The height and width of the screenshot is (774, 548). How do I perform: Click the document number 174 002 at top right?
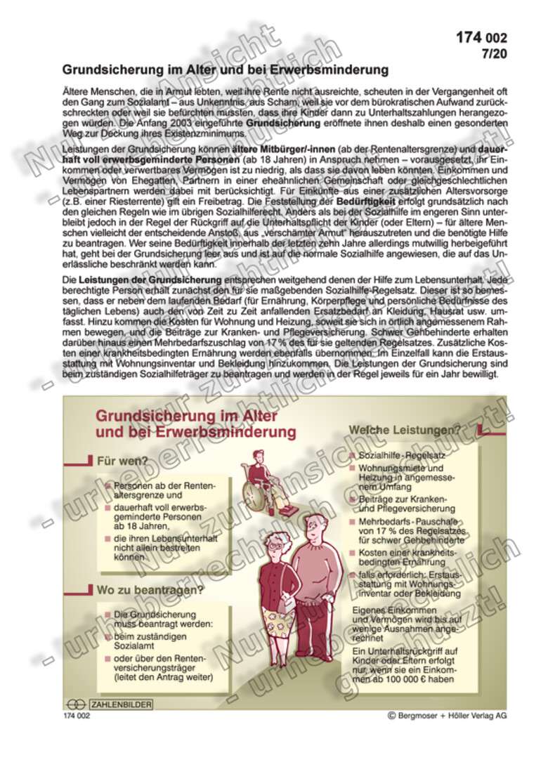pos(481,37)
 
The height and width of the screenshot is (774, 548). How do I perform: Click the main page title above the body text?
pos(225,70)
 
